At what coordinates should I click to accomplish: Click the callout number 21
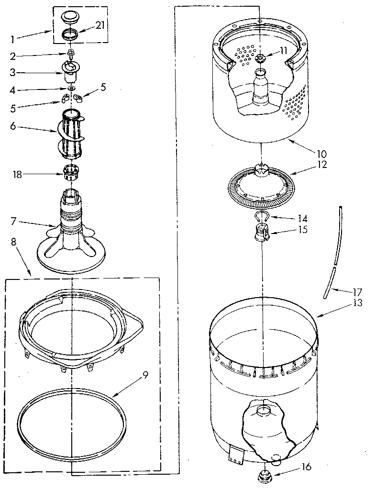coord(99,25)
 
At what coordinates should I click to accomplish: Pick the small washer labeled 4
coord(70,89)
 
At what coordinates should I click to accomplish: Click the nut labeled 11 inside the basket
coord(260,58)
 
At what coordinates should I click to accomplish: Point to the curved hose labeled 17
coord(333,254)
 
